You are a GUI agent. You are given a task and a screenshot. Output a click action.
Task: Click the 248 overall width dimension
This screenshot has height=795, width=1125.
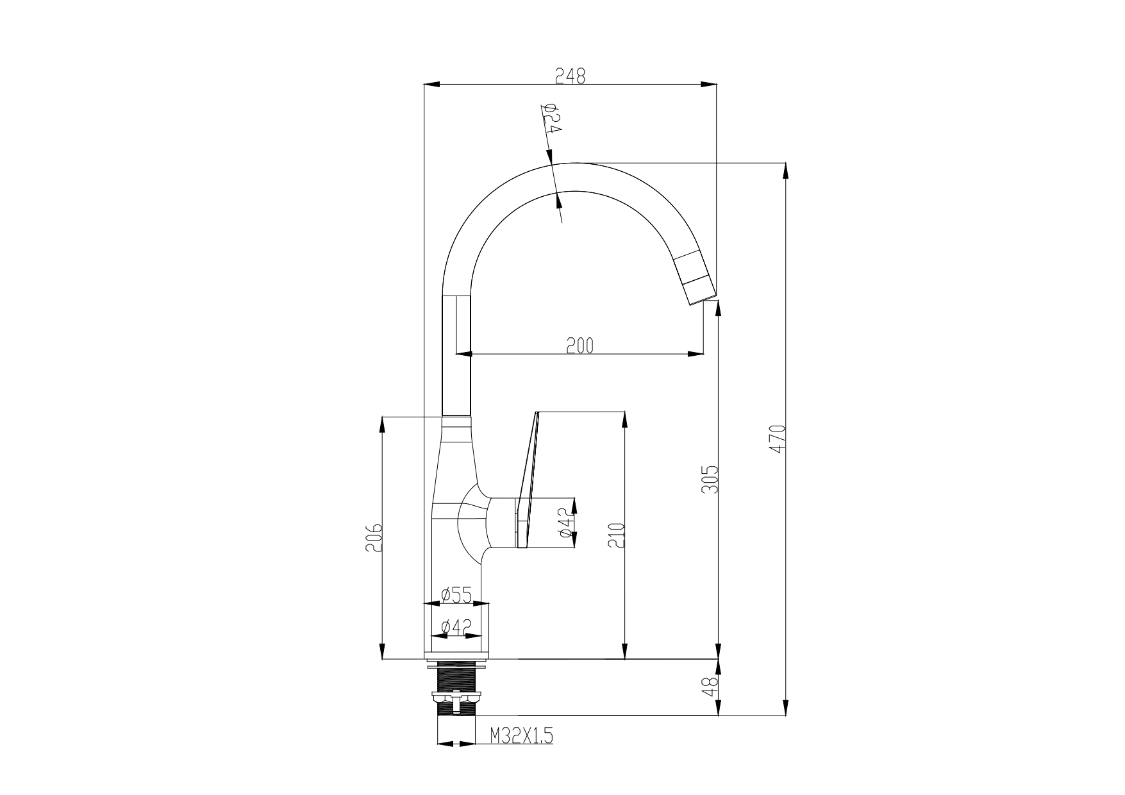point(571,76)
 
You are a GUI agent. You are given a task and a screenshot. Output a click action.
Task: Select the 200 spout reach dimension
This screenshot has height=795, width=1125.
point(580,346)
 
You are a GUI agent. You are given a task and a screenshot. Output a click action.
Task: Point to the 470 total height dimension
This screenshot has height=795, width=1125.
point(778,439)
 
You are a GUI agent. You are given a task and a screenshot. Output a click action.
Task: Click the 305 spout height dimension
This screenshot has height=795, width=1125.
point(710,480)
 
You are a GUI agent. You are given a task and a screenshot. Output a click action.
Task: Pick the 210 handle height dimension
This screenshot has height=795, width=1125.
point(617,535)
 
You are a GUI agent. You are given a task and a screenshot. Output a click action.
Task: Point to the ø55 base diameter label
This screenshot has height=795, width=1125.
point(457,595)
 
